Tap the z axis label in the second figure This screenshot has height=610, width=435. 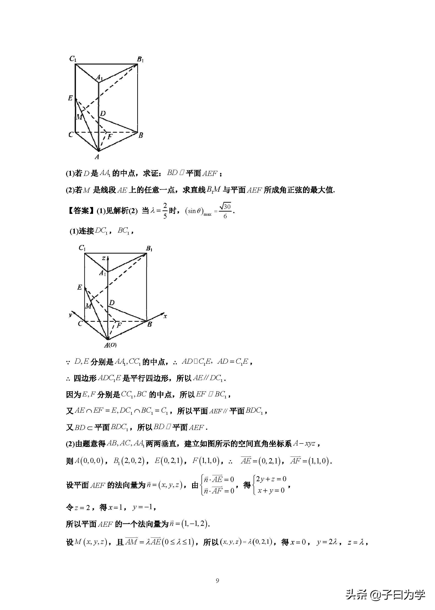click(x=104, y=258)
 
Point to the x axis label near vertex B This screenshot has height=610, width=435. click(x=165, y=316)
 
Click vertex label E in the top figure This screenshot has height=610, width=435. click(x=70, y=98)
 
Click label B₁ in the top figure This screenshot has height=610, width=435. click(x=140, y=59)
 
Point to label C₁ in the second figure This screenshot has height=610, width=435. click(x=82, y=248)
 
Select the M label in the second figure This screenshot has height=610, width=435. click(x=88, y=306)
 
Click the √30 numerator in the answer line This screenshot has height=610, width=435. click(x=225, y=207)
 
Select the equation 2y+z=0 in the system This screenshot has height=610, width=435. click(x=271, y=479)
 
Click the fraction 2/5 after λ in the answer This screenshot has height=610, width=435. click(x=165, y=211)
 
